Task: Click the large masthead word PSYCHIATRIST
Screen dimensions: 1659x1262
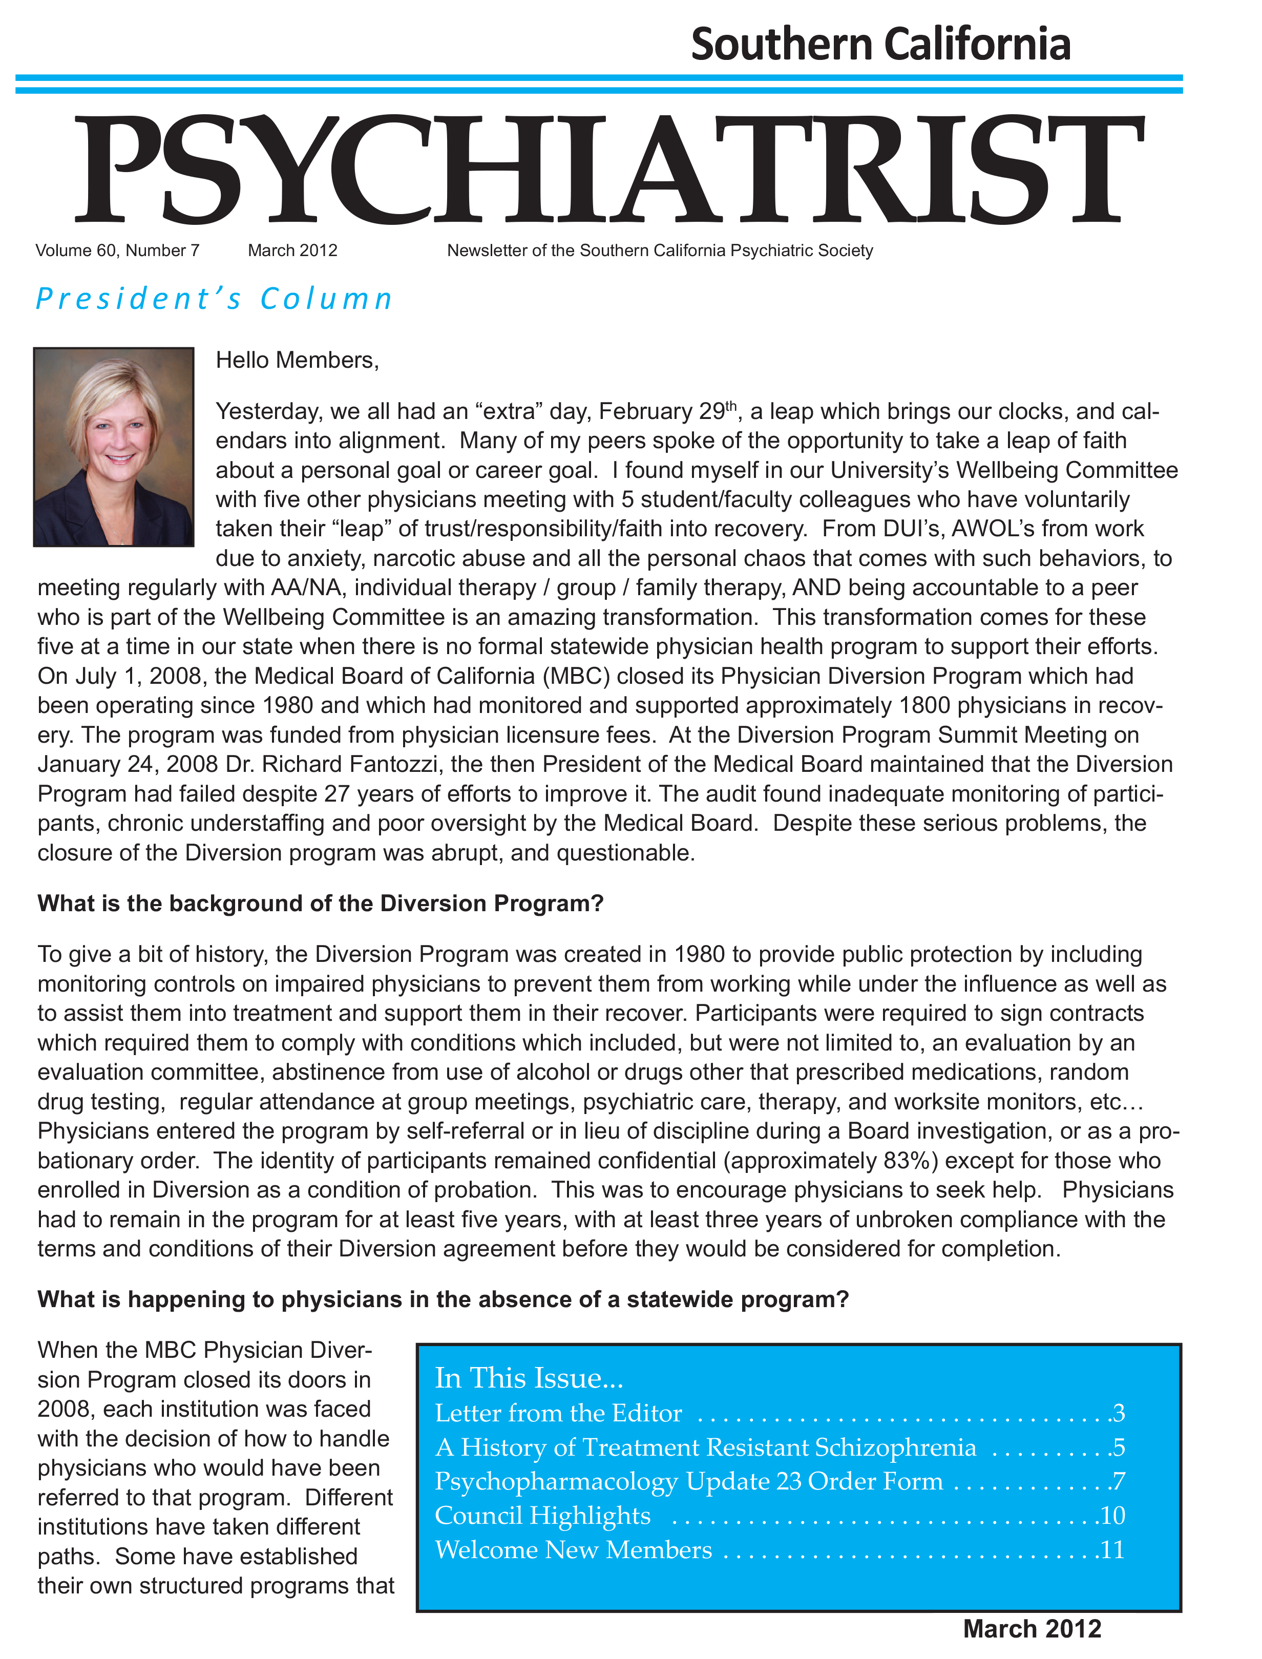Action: tap(608, 169)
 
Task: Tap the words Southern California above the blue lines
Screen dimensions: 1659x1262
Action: tap(880, 44)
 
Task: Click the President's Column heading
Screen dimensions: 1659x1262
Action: tap(214, 299)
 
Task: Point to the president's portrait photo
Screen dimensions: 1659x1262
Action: tap(113, 447)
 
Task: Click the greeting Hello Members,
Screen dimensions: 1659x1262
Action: tap(298, 361)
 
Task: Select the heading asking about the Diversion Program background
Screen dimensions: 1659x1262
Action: tap(321, 902)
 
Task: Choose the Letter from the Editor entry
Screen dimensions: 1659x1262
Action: tap(558, 1414)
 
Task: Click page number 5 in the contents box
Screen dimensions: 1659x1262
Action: tap(1119, 1447)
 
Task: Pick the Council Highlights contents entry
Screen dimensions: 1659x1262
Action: tap(542, 1516)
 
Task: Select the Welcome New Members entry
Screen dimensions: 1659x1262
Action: tap(573, 1549)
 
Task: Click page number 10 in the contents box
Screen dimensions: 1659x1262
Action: tap(1112, 1516)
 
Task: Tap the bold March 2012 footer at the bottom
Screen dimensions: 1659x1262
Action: tap(1032, 1629)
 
